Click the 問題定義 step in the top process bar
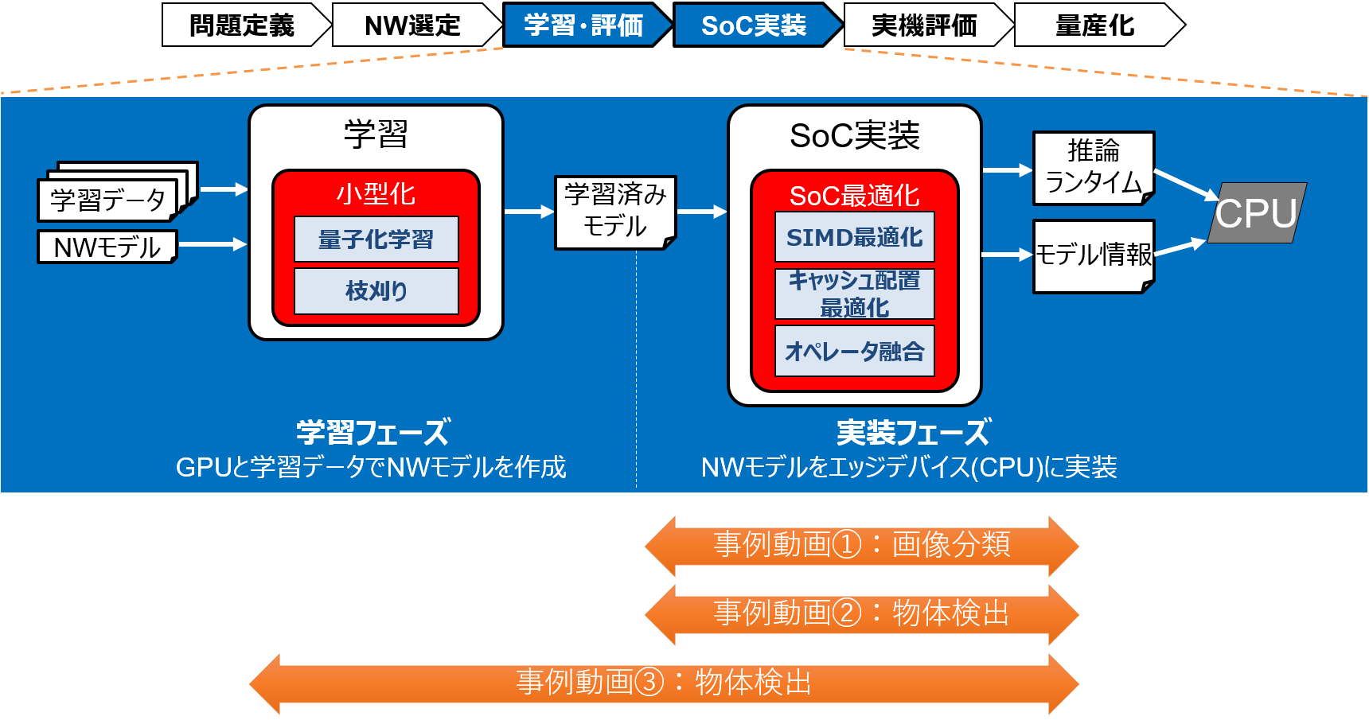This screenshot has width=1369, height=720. [x=242, y=25]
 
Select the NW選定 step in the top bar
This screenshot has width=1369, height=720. [x=412, y=25]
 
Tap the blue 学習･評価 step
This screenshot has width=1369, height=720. [x=583, y=25]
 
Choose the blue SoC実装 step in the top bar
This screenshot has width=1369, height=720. [x=754, y=25]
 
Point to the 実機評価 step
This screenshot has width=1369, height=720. [x=924, y=25]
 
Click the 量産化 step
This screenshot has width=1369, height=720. [x=1094, y=25]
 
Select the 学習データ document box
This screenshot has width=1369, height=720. [x=108, y=200]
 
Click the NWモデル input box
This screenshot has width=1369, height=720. [x=107, y=247]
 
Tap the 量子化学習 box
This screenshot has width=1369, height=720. [x=376, y=239]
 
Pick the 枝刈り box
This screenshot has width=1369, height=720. [x=376, y=290]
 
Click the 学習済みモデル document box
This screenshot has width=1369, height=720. [x=615, y=212]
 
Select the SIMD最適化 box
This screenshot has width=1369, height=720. [x=855, y=237]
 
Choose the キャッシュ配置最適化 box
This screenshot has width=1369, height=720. [x=855, y=294]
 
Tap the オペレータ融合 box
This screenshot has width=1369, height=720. [x=855, y=351]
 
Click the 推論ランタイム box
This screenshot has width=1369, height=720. [x=1094, y=167]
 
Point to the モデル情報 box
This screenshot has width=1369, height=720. [x=1094, y=255]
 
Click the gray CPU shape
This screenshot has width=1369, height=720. [x=1257, y=213]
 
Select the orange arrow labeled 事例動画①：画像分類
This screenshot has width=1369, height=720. [x=862, y=545]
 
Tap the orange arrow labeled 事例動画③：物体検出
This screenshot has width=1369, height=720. [x=664, y=683]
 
